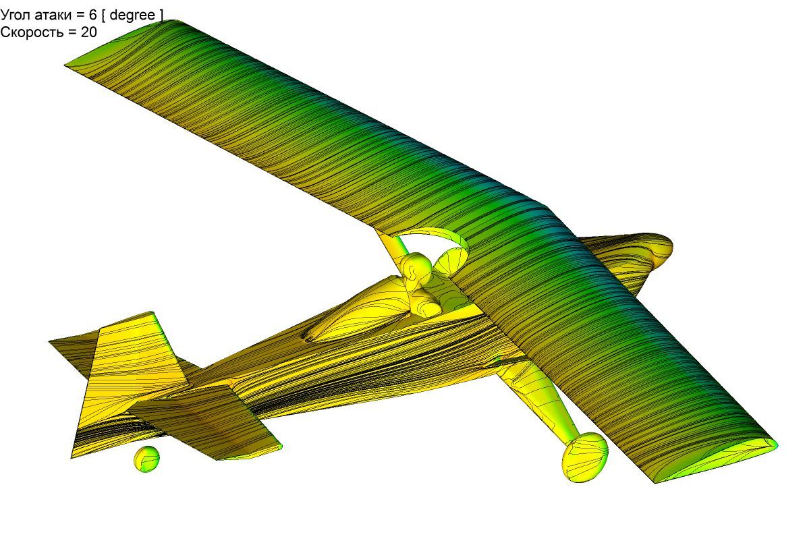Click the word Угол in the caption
(x=16, y=16)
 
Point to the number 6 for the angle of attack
(x=93, y=16)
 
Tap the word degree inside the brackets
(x=132, y=16)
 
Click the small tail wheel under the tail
(x=146, y=459)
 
